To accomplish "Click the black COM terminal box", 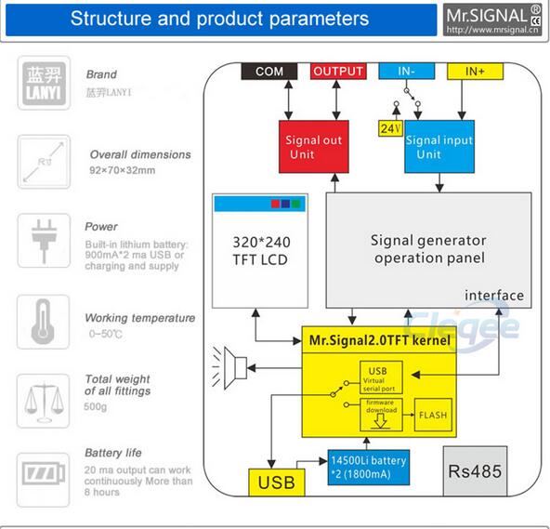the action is (x=269, y=72).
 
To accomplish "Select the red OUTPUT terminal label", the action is (x=338, y=72).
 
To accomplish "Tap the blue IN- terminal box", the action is (x=407, y=72).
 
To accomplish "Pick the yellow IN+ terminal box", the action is (x=475, y=72).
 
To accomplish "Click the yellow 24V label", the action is (x=391, y=128).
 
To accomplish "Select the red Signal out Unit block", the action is (x=314, y=147).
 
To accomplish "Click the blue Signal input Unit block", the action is (x=439, y=147).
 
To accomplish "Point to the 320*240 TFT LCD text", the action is (x=261, y=251).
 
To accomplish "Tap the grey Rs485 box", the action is (x=475, y=471).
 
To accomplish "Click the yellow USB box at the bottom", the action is (x=277, y=483).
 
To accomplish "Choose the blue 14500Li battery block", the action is (x=369, y=468).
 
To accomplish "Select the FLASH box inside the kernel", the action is (x=433, y=415).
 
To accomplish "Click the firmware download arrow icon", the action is (x=380, y=421).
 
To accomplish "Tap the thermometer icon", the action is (x=43, y=322).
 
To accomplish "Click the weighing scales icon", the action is (x=44, y=402).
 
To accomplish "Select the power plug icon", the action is (x=45, y=241).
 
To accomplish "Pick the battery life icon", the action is (x=44, y=473).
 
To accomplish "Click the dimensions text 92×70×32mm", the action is (x=122, y=170).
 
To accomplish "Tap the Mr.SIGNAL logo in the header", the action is (x=492, y=20).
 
